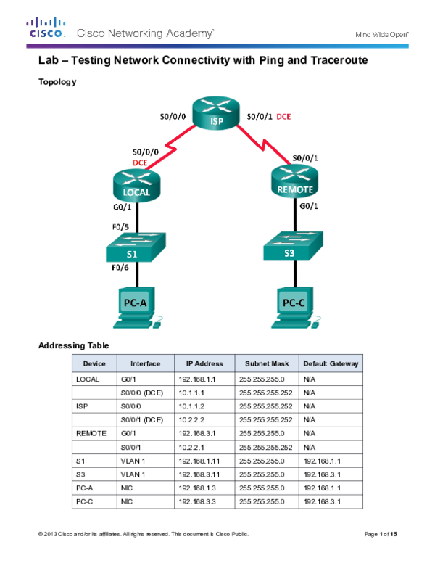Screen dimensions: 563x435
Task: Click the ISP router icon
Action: tap(216, 114)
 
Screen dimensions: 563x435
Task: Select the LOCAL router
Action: tap(137, 184)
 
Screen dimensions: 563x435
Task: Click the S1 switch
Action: tap(135, 249)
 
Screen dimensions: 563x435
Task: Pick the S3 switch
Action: tap(292, 247)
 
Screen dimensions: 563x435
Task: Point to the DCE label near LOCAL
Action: tap(140, 162)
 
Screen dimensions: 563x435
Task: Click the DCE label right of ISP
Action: tap(283, 116)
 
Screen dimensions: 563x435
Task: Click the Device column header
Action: tap(94, 363)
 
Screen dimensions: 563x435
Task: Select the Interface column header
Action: tap(145, 363)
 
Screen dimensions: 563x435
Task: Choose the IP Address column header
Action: tap(204, 363)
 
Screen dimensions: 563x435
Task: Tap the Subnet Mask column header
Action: tap(267, 363)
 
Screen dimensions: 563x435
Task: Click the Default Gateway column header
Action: tap(331, 363)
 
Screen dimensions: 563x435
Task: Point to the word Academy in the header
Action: tap(191, 33)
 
